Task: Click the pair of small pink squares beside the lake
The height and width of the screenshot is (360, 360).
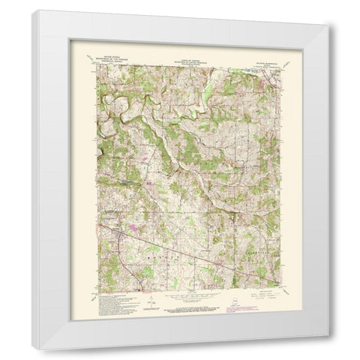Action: point(148,182)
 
